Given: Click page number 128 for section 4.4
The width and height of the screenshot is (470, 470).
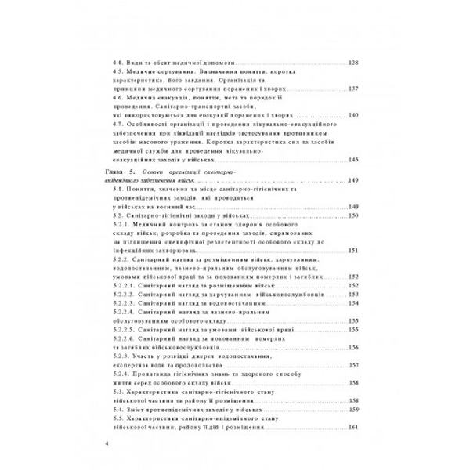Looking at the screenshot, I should coord(353,62).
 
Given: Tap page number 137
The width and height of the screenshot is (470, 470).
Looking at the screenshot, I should coord(353,89).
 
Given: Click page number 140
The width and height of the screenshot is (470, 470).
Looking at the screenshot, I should coord(353,115).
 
